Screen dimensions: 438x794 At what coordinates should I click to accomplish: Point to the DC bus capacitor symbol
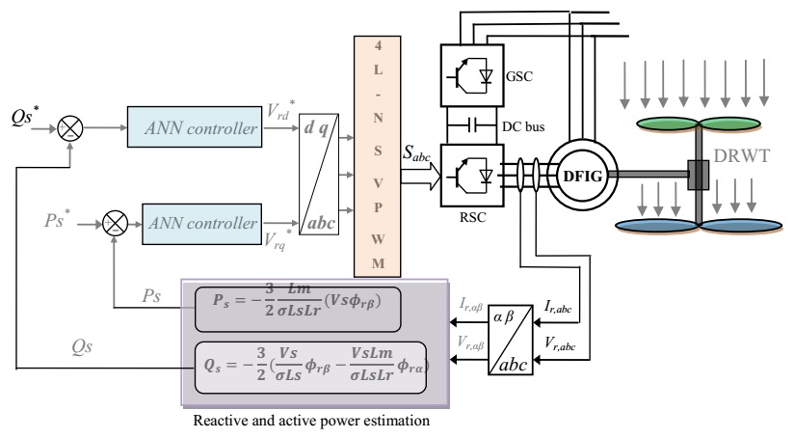click(x=473, y=124)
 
